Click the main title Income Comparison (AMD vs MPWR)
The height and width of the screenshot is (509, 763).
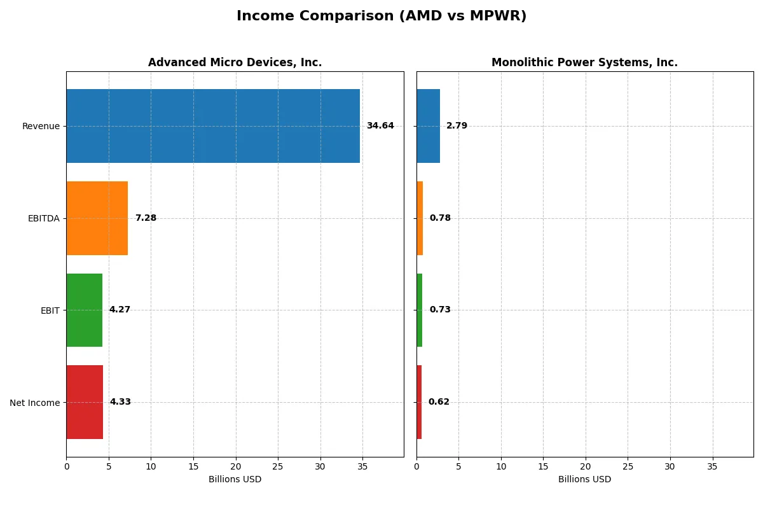coord(381,16)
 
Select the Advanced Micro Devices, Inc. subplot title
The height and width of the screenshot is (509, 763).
coord(235,62)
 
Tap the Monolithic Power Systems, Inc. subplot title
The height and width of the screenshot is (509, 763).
coord(584,62)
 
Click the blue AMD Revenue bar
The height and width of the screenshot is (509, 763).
coord(213,126)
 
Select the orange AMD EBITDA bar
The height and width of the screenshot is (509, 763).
coord(97,218)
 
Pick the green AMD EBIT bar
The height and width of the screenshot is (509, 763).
coord(84,310)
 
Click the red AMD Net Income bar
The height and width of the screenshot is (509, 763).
coord(85,402)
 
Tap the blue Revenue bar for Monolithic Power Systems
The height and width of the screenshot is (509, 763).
coord(428,126)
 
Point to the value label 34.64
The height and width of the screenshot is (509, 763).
coord(380,126)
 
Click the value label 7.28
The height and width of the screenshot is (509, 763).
coord(146,218)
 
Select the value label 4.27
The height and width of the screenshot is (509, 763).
coord(120,310)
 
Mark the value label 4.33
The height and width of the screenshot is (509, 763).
coord(120,402)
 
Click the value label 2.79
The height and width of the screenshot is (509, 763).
coord(457,126)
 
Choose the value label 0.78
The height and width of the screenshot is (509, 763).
coord(440,218)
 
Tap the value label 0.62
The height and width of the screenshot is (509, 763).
coord(439,402)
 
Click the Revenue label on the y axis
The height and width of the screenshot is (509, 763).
coord(41,126)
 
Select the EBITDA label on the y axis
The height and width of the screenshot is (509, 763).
coord(43,218)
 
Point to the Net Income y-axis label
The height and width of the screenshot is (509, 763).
coord(34,403)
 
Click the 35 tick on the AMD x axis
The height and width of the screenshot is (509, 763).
coord(362,466)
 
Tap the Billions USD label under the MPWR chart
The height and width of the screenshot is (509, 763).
coord(584,480)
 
